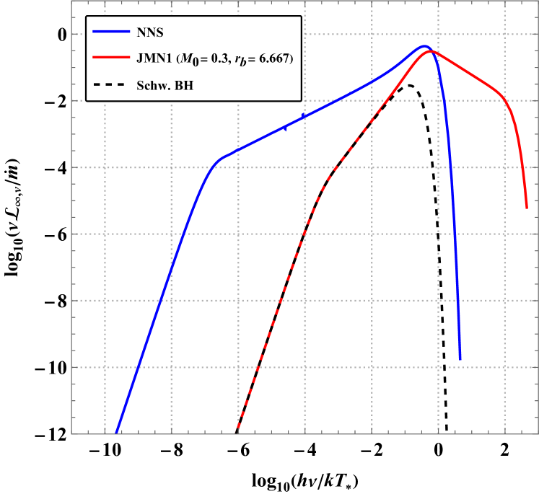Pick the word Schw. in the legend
(x=154, y=86)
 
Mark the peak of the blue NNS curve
(x=424, y=45)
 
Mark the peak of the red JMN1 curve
(x=431, y=51)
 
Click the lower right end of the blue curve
(x=460, y=358)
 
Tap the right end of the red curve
(x=527, y=208)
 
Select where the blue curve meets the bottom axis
(x=115, y=433)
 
